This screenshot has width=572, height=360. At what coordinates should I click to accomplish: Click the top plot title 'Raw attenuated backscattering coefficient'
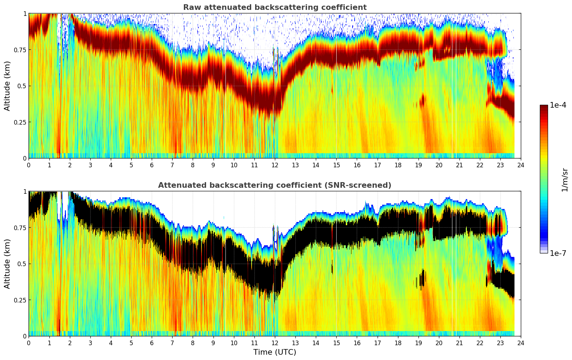coord(275,7)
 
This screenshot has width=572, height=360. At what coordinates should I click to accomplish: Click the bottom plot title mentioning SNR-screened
coord(275,185)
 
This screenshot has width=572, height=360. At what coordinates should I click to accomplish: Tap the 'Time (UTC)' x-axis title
coord(275,352)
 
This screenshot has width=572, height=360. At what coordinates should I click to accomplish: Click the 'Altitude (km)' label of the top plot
coord(7,86)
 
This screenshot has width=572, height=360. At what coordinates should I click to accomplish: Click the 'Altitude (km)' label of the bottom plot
coord(7,264)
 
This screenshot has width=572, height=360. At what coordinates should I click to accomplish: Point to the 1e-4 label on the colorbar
coord(558,105)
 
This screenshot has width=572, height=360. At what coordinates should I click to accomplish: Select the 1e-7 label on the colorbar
coord(558,253)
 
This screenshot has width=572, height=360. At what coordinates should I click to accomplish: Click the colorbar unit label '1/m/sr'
coord(565,179)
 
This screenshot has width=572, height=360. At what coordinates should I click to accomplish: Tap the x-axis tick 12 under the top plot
coord(275,165)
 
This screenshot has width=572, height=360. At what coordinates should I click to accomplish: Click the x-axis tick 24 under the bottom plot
coord(521,343)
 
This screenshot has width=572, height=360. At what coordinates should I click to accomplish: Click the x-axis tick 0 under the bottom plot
coord(29,343)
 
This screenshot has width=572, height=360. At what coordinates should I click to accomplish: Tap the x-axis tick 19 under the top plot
coord(418,165)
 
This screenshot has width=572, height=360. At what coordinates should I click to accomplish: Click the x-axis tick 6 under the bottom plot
coord(152,343)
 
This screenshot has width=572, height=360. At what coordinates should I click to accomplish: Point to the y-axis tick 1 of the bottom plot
coord(25,192)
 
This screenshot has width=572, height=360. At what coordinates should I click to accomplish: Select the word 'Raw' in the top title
coord(191,7)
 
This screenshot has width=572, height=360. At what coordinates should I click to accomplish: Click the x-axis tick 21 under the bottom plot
coord(459,343)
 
